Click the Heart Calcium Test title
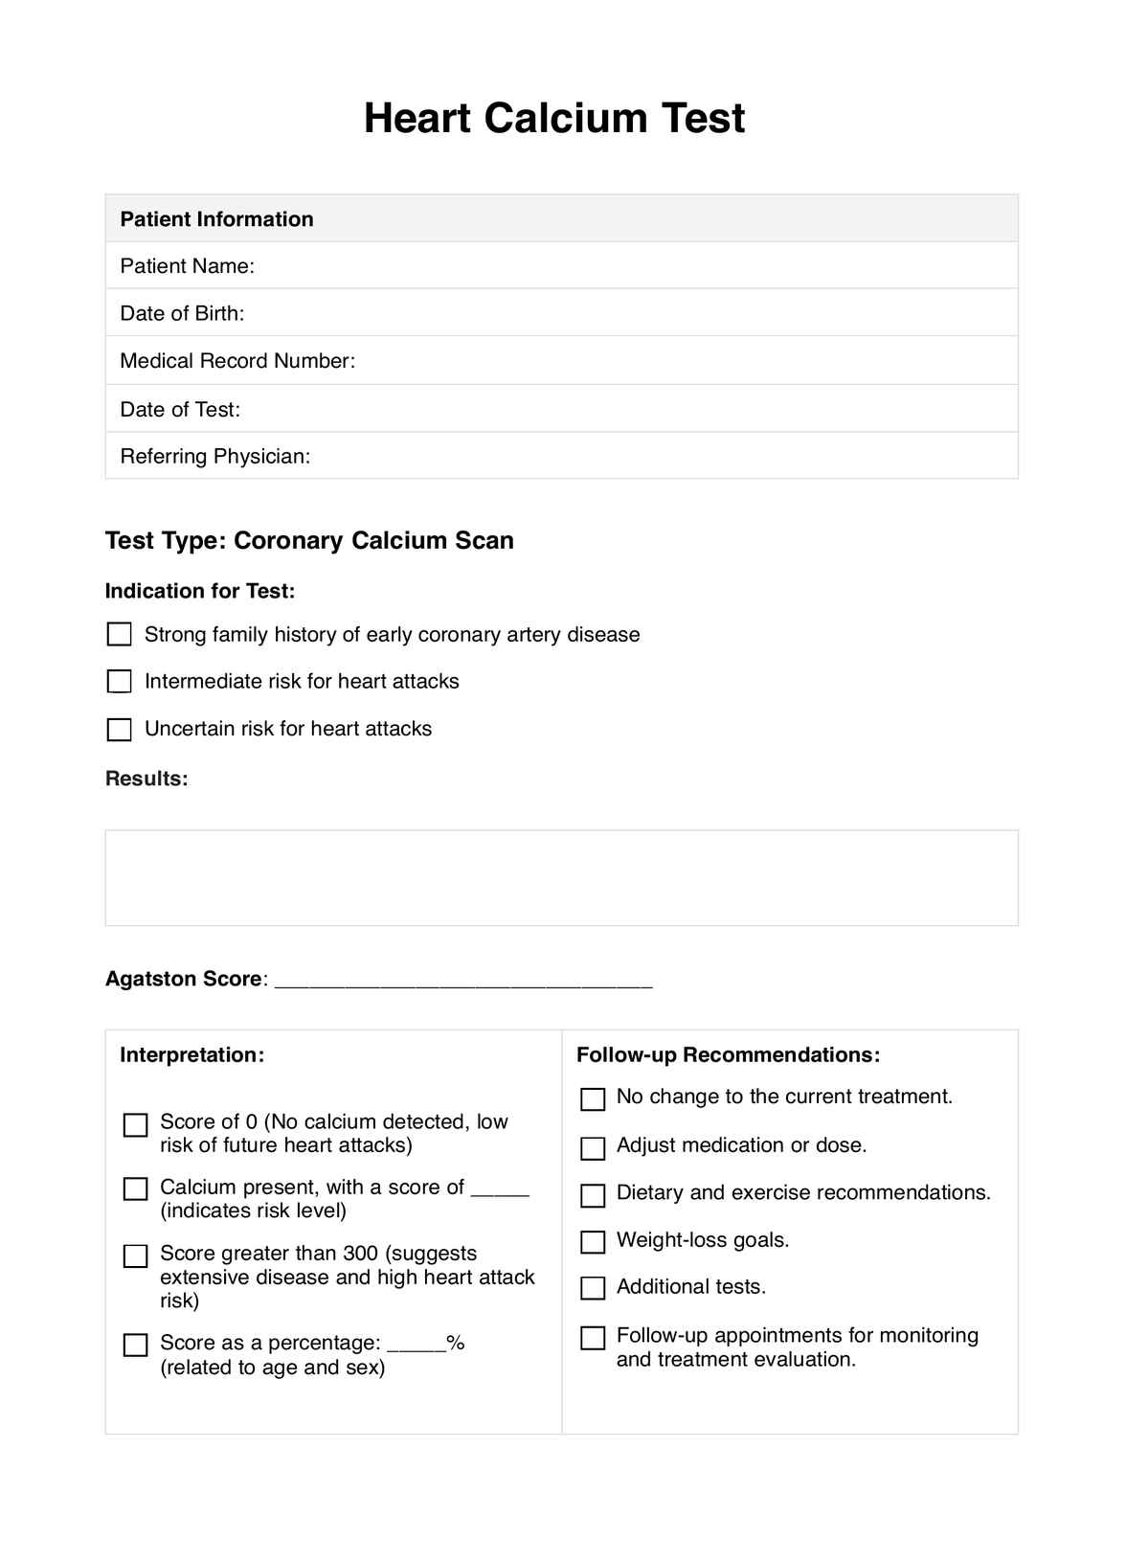coord(554,119)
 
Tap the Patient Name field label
coord(187,266)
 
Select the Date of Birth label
coord(182,313)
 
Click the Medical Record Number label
coord(237,361)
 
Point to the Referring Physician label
coord(215,456)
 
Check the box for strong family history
coord(120,635)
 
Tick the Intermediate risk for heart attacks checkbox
coord(120,682)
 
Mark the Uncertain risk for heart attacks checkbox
coord(120,730)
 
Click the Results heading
coord(146,779)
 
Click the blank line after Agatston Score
coord(463,982)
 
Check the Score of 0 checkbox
coord(136,1125)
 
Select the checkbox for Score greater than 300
coord(136,1256)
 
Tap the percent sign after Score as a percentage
coord(456,1344)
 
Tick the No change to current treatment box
coord(594,1099)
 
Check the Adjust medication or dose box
coord(594,1148)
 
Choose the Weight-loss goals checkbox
coord(594,1242)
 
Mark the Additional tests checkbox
coord(594,1288)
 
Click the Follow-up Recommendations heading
coord(728,1055)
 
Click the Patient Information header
coord(216,219)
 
